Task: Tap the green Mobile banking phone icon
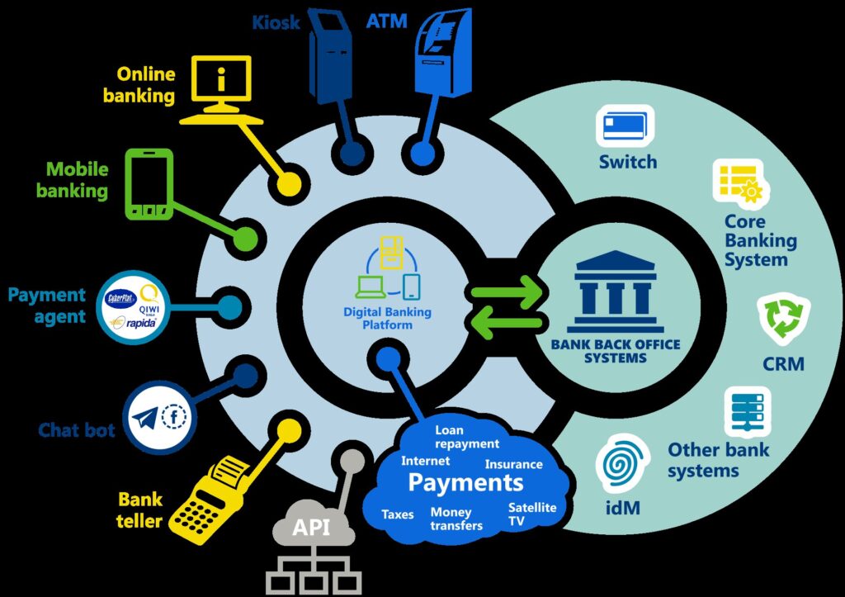click(149, 183)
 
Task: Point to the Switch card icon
click(625, 126)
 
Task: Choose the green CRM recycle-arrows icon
click(783, 321)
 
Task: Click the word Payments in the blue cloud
click(465, 481)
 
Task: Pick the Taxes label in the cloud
click(398, 514)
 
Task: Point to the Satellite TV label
click(532, 514)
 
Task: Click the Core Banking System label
click(760, 240)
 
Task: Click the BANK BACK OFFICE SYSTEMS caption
click(616, 352)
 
